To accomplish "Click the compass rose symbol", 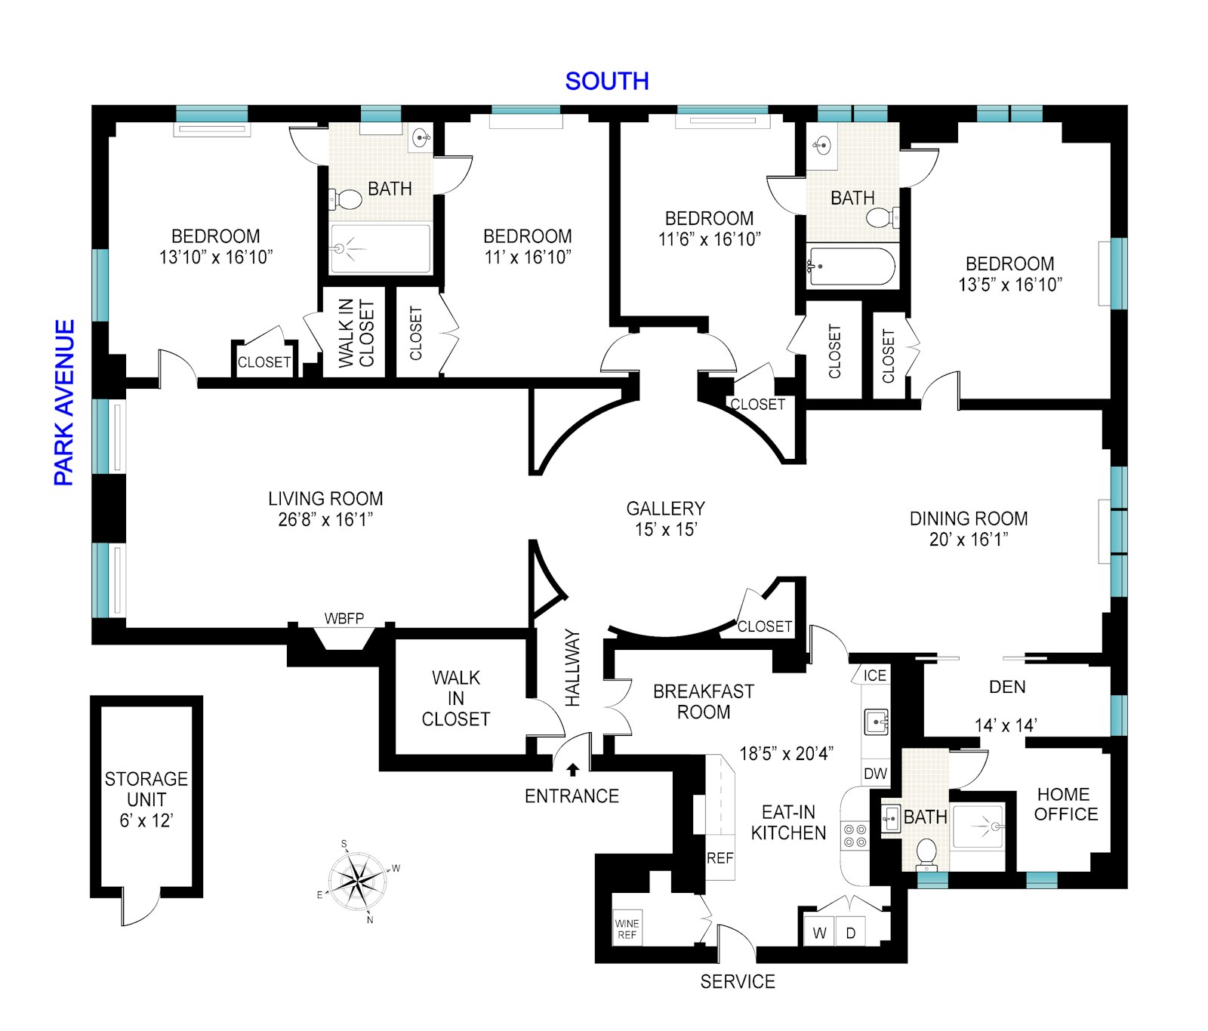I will tap(359, 881).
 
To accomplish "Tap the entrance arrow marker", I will tap(573, 770).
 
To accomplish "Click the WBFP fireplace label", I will tap(344, 619).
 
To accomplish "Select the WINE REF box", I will tap(627, 928).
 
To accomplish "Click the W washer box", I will tap(819, 933).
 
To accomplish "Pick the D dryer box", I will tap(851, 933).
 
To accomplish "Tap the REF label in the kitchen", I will tap(720, 858).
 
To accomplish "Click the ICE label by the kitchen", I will tap(875, 676).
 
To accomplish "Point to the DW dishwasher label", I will tap(875, 774).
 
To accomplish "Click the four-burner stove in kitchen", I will tap(855, 836).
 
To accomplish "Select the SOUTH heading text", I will tap(607, 82).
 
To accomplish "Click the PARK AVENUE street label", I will tap(65, 402).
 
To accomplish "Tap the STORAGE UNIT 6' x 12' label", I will tap(146, 799).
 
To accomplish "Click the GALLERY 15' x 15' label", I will tap(666, 519).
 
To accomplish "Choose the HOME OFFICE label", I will tap(1065, 804).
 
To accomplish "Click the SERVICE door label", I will tap(738, 982).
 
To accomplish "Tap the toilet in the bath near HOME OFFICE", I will tap(926, 853).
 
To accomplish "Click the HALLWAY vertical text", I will tap(573, 668).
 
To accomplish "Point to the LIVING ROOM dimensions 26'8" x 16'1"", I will tap(325, 519).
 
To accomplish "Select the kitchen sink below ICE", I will tap(876, 722).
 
